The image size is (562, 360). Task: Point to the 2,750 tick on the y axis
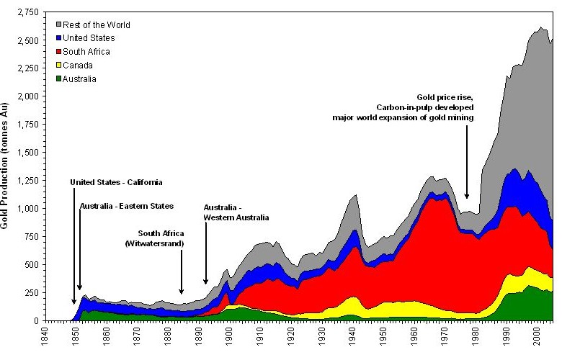click(27, 14)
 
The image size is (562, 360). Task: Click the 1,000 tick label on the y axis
click(27, 209)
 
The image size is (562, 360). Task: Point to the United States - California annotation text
click(117, 182)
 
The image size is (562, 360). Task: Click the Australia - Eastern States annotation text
click(127, 206)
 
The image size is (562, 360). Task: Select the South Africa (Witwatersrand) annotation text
click(161, 239)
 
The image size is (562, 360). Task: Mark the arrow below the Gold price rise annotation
click(467, 161)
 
